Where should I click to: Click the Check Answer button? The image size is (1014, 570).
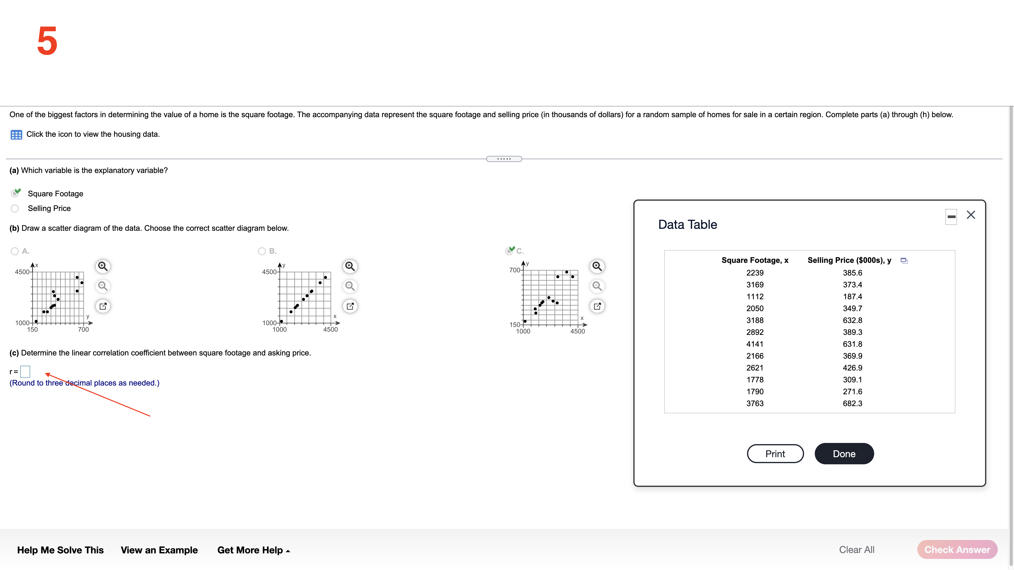(957, 550)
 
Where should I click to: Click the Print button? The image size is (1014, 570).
(775, 454)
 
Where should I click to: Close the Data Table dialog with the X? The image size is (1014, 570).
(971, 215)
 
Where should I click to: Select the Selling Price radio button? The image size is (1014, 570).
(15, 208)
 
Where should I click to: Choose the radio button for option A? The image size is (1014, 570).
(15, 251)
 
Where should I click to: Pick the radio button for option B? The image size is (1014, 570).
(262, 251)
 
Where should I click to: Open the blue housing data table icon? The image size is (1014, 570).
(16, 135)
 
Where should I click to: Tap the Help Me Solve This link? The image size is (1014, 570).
(60, 550)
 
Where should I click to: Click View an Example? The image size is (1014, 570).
(159, 550)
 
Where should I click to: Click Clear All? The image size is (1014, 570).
(857, 550)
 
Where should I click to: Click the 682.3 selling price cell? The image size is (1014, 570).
(852, 403)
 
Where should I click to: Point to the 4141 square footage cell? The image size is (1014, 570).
(755, 344)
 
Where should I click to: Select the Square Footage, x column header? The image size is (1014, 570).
(755, 260)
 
